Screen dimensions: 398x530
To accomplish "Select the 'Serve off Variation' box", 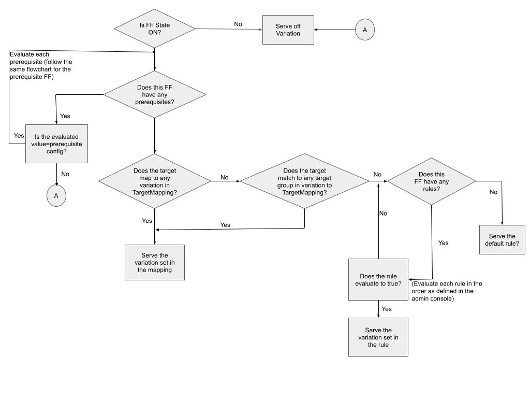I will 288,30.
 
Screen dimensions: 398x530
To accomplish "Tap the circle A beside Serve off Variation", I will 364,30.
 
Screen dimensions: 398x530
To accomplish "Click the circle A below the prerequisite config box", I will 56,195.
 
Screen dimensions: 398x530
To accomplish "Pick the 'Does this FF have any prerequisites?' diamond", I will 155,95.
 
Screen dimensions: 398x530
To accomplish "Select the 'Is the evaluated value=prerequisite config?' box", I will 56,144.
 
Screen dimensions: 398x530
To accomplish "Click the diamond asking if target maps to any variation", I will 155,181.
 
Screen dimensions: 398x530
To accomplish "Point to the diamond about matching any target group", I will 304,181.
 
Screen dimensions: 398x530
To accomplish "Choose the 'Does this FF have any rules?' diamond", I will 431,181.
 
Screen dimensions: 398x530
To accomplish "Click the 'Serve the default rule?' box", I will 502,239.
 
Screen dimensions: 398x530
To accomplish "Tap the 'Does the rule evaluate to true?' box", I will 378,279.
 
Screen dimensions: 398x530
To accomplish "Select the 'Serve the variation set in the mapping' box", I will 155,262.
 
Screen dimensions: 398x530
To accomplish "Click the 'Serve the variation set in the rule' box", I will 378,337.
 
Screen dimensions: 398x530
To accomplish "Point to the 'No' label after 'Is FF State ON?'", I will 238,24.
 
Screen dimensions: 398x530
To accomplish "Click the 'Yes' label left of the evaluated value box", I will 19,135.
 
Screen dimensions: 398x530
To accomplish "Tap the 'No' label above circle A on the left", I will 65,174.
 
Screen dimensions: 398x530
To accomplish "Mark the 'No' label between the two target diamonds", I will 224,177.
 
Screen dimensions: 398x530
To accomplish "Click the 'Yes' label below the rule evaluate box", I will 387,309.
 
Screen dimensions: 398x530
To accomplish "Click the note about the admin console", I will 447,291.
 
